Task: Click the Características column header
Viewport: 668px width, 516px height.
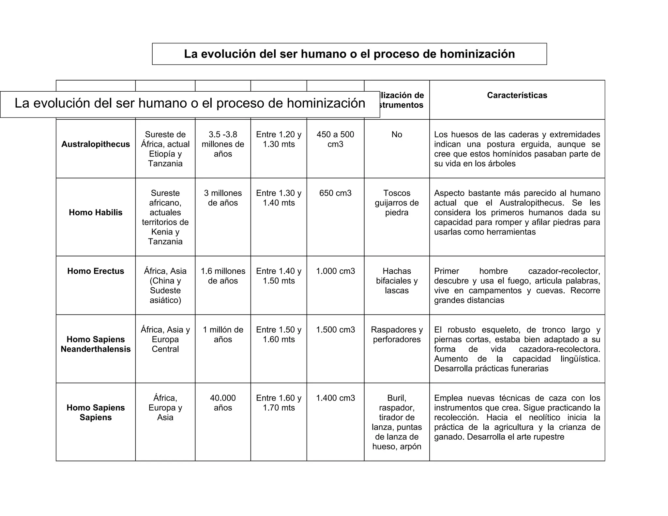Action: [517, 95]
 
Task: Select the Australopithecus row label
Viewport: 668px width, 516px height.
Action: [96, 144]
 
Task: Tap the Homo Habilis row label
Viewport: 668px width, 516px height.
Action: [96, 213]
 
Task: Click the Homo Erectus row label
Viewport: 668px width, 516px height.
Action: [96, 271]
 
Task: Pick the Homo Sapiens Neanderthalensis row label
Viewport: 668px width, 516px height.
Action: [96, 344]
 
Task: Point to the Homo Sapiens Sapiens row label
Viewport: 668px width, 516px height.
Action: [96, 412]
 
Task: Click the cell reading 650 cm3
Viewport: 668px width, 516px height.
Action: [335, 193]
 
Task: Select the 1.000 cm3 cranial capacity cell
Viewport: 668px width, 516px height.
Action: [335, 271]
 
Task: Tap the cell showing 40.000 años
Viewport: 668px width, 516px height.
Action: [223, 403]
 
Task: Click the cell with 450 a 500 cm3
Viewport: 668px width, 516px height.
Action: [335, 139]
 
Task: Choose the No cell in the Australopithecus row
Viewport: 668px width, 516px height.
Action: [397, 134]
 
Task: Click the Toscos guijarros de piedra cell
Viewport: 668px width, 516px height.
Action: [397, 203]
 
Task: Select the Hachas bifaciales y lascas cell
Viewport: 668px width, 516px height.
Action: [397, 281]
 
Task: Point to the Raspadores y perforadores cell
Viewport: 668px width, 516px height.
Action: [397, 334]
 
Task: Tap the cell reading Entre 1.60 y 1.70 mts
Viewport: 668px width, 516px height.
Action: [279, 403]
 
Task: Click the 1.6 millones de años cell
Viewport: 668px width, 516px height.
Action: [223, 276]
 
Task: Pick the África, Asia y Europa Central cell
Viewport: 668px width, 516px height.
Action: [165, 339]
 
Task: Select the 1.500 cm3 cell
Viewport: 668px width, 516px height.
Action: [335, 330]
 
